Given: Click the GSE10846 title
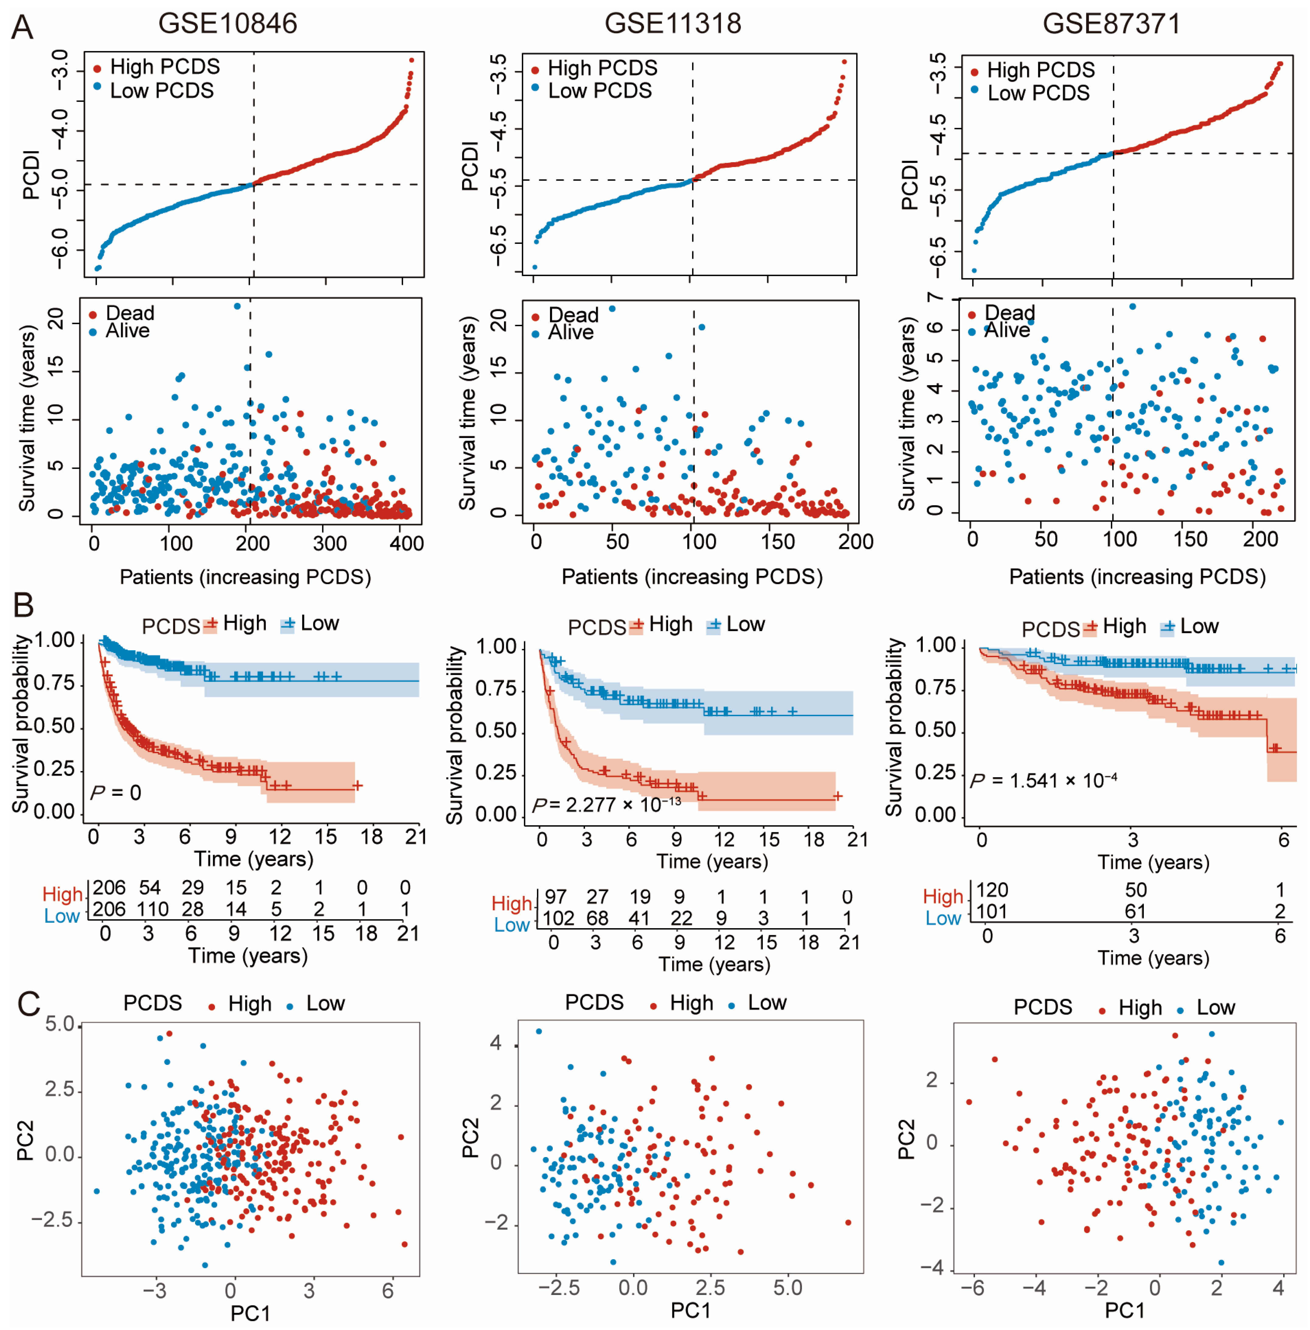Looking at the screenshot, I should coord(228,23).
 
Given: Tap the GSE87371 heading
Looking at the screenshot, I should coord(1111,23).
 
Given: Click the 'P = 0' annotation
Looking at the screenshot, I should coord(116,793).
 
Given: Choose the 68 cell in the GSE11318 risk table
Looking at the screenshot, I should coord(597,918).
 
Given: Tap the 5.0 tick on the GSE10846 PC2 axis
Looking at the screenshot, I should coord(60,1024).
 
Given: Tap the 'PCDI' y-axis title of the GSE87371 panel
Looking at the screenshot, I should coord(909,184).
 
